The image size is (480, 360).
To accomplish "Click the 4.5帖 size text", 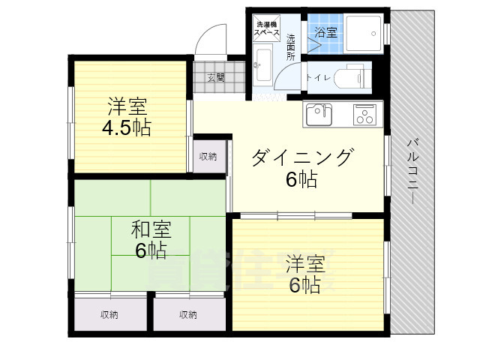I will [x=127, y=127].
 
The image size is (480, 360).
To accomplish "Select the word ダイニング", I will [x=301, y=157].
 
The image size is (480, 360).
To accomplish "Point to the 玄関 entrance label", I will [x=217, y=76].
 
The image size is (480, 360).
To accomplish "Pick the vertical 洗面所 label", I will [x=291, y=46].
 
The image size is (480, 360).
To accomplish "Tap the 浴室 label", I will [x=325, y=33].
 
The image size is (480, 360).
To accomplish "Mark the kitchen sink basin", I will [x=319, y=113].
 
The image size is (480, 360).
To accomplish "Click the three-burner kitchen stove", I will [x=366, y=115].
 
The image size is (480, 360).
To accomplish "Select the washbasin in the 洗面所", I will [x=262, y=64].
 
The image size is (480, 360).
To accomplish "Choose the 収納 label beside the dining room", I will [x=208, y=156].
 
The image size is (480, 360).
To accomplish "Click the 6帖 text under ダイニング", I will [x=300, y=180].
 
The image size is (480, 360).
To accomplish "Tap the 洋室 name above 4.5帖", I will [x=127, y=106].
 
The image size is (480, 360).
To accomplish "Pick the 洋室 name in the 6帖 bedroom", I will [x=304, y=264].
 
